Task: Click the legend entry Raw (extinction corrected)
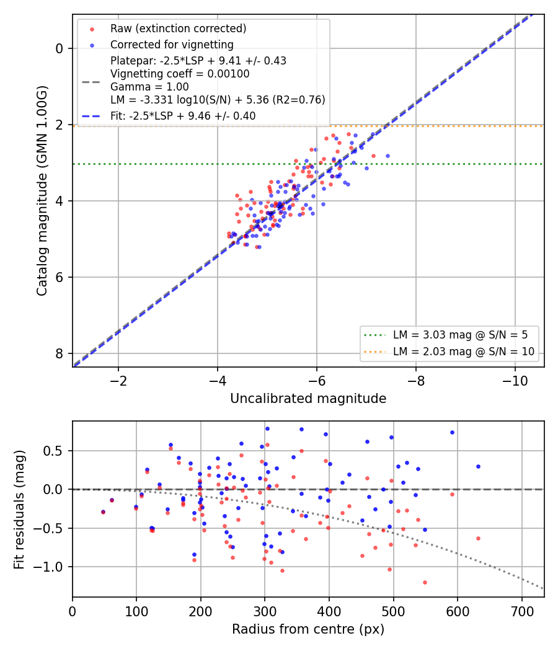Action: (178, 29)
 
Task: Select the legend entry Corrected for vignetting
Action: (172, 45)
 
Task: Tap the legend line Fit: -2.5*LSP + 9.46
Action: (183, 116)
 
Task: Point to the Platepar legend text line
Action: (198, 61)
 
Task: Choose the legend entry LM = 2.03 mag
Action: (463, 352)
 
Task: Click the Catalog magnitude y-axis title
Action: (42, 190)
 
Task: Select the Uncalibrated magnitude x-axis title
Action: (308, 399)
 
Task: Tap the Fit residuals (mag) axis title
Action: (19, 510)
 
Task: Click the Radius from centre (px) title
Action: (308, 629)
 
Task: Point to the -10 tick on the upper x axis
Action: (515, 381)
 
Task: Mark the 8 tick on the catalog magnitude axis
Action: (59, 353)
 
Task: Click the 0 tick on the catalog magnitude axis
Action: (59, 48)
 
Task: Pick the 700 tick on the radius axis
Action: (521, 611)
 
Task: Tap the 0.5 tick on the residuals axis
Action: (53, 451)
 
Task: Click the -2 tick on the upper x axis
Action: (118, 381)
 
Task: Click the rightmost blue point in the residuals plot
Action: (478, 467)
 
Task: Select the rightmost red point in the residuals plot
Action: (478, 539)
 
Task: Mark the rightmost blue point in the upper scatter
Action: (387, 156)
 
